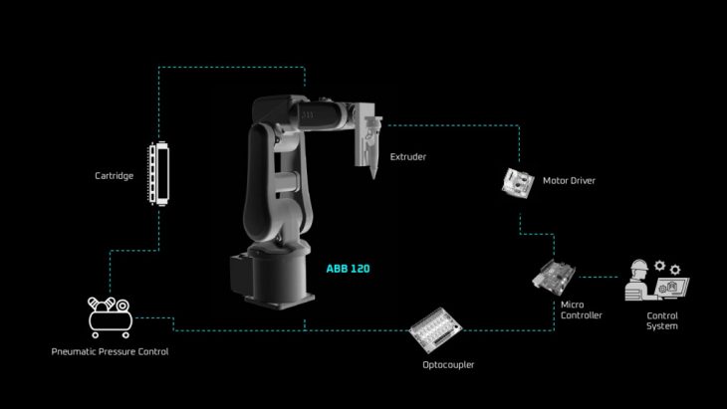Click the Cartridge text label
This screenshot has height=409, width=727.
tap(115, 176)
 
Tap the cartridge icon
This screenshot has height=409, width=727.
tap(158, 173)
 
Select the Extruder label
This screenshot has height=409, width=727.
tap(408, 157)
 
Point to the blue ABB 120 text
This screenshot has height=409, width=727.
tap(349, 269)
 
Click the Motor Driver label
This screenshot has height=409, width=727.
tap(569, 181)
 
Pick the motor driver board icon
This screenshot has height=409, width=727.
tap(518, 183)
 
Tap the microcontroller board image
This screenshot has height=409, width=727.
tap(554, 276)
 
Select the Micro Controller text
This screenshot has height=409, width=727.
tap(582, 309)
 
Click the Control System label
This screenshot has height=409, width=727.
tap(662, 320)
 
